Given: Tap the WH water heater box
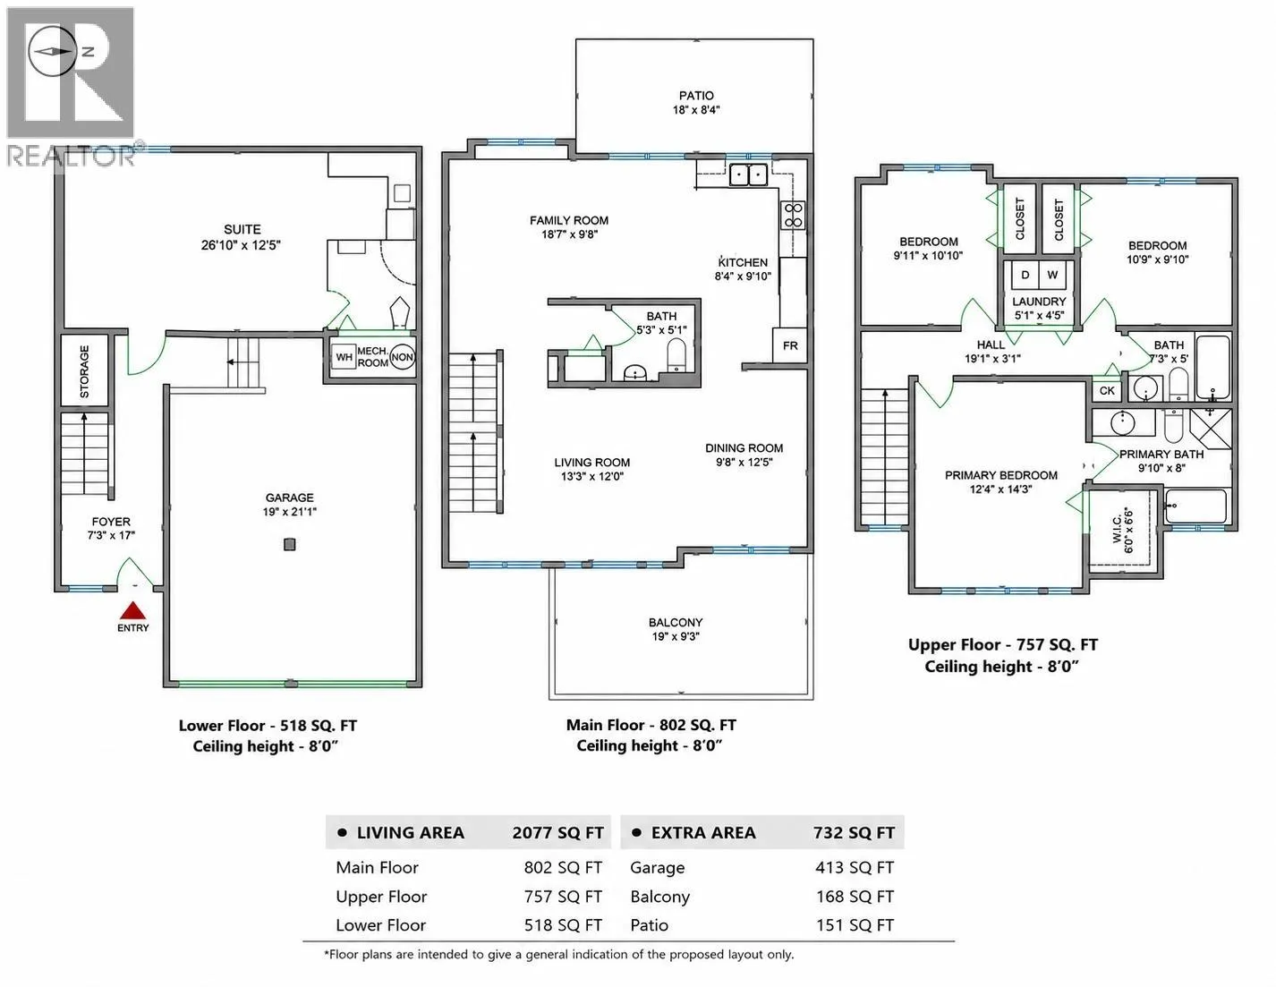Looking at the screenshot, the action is pyautogui.click(x=345, y=357).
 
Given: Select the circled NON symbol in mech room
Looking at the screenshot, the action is pyautogui.click(x=403, y=357).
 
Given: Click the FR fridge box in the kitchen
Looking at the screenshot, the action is pyautogui.click(x=790, y=345).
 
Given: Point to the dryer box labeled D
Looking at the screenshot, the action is pyautogui.click(x=1025, y=275).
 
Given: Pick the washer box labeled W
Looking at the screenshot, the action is pyautogui.click(x=1052, y=275).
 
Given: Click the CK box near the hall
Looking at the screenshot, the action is pyautogui.click(x=1107, y=390).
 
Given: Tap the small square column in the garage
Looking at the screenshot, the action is pyautogui.click(x=290, y=544).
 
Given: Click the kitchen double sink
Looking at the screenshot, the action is pyautogui.click(x=748, y=175).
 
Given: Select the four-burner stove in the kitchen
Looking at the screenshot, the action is pyautogui.click(x=793, y=214).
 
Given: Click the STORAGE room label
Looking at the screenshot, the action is pyautogui.click(x=84, y=371).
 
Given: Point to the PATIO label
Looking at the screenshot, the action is pyautogui.click(x=696, y=96).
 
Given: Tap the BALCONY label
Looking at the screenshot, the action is pyautogui.click(x=676, y=623).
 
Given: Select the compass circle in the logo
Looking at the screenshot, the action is pyautogui.click(x=52, y=51).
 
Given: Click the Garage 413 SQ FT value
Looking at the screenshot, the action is pyautogui.click(x=855, y=868).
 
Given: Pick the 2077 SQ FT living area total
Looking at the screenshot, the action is pyautogui.click(x=557, y=832).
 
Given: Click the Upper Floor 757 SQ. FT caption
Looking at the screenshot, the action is pyautogui.click(x=1002, y=644).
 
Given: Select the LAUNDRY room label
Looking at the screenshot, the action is pyautogui.click(x=1039, y=302).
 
